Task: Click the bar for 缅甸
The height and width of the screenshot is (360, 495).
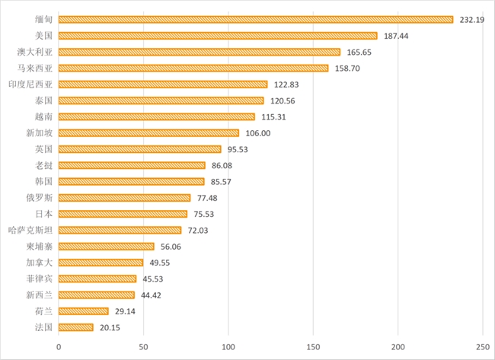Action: [x=255, y=20]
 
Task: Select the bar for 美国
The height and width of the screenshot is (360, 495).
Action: [x=217, y=36]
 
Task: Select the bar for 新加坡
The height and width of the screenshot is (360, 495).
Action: [x=148, y=132]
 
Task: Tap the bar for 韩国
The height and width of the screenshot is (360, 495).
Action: [x=131, y=181]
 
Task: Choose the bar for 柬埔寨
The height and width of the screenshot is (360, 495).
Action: [x=106, y=246]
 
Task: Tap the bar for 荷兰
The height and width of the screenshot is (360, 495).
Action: [x=83, y=311]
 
